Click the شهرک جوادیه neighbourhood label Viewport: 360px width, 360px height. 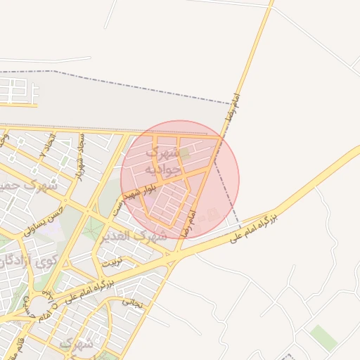(x=157, y=161)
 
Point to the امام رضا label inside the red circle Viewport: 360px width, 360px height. (x=188, y=222)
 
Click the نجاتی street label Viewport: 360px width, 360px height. (x=132, y=303)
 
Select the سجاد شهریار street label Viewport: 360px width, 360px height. (x=79, y=155)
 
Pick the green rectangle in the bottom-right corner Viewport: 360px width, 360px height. (x=323, y=337)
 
